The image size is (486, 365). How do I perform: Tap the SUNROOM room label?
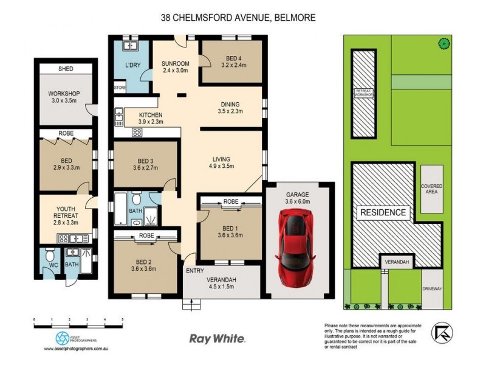tap(176, 66)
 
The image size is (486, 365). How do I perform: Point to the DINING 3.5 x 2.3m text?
tap(230, 108)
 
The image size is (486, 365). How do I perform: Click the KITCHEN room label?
tap(150, 119)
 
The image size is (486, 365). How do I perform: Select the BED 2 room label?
tap(145, 266)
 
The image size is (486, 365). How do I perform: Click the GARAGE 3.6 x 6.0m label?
tap(298, 197)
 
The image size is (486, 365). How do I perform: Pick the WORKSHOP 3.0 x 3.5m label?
tap(64, 97)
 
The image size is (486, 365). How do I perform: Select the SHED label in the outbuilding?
tap(66, 69)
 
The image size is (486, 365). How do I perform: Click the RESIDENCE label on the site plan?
tap(385, 212)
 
